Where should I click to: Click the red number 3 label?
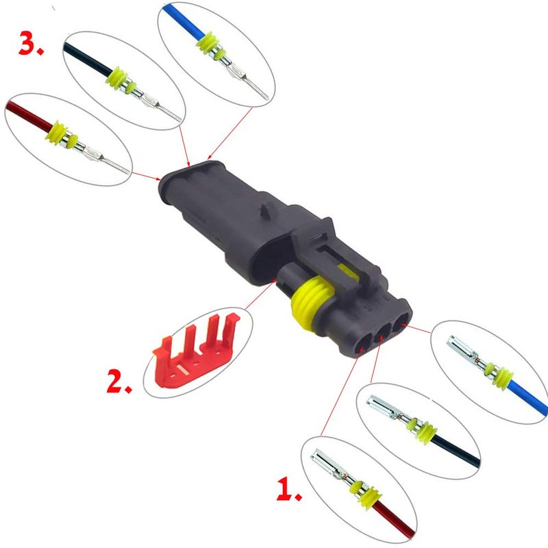31,43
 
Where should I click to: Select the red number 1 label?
288,489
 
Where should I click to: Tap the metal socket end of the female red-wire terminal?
323,462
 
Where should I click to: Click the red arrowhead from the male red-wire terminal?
158,179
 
